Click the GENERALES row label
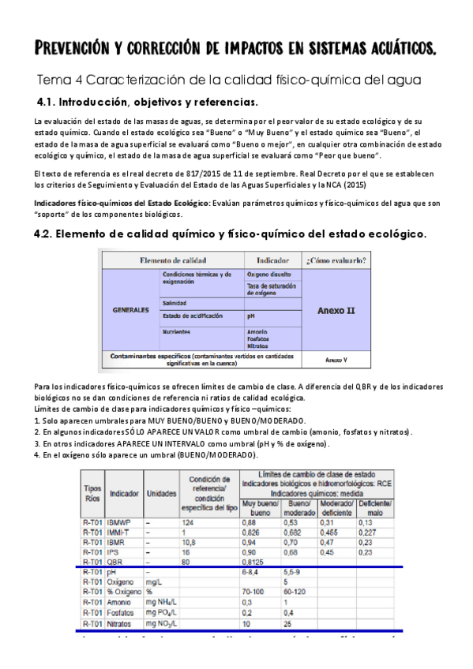click(129, 310)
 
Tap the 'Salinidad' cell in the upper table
click(175, 303)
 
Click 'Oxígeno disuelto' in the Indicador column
click(268, 275)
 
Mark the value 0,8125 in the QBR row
click(254, 562)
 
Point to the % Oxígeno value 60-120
click(295, 592)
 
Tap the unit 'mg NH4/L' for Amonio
click(161, 602)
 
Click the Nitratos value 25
click(288, 622)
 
